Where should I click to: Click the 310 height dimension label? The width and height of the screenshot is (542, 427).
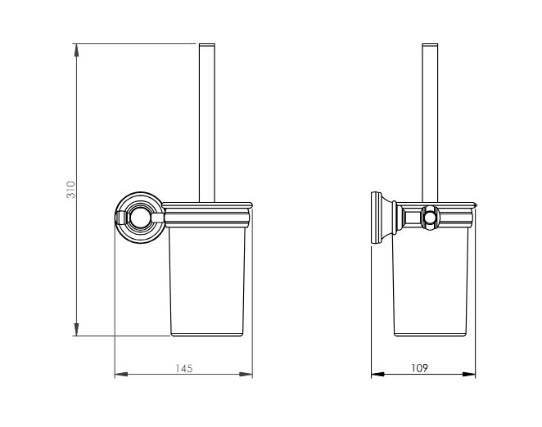pos(70,189)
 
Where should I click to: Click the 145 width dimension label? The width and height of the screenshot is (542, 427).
pos(184,369)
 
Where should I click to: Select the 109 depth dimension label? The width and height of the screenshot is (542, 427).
pos(419,368)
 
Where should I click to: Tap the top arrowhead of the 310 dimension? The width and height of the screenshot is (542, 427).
pos(76,51)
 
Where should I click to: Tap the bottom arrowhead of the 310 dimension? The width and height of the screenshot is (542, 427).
pos(76,329)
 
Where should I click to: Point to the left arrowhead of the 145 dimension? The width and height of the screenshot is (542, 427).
pos(121,374)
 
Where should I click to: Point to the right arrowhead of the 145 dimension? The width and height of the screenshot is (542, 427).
pos(246,374)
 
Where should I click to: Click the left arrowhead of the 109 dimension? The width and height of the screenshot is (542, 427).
pos(377,374)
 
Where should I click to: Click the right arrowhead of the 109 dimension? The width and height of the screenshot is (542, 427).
pos(468,374)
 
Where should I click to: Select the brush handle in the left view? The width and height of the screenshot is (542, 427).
pos(206,123)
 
